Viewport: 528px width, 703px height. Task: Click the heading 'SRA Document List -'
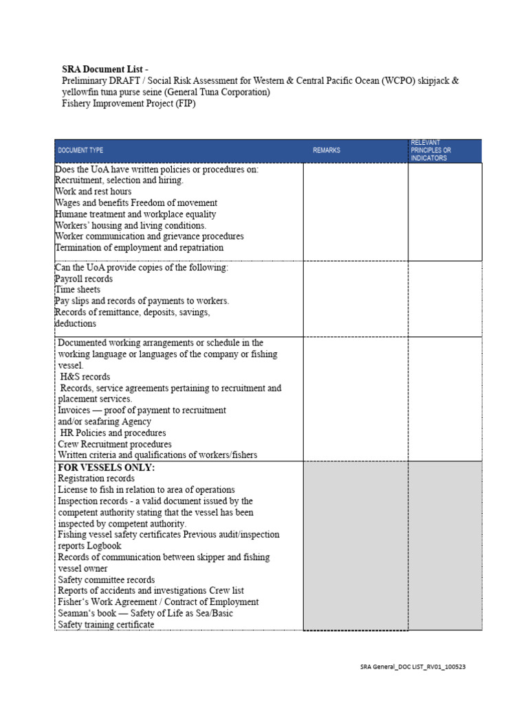tap(104, 69)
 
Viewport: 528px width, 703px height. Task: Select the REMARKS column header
tap(327, 150)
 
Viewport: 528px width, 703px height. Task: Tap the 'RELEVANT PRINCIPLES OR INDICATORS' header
tap(431, 150)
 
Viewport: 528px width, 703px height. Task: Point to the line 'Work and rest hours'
tap(93, 192)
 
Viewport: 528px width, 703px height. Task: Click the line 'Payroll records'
tap(83, 279)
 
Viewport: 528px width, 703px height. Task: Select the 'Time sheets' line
tap(77, 290)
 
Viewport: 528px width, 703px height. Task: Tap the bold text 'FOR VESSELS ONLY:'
tap(107, 468)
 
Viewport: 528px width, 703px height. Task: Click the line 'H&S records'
tap(85, 377)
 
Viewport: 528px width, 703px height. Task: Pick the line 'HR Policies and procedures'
tap(113, 433)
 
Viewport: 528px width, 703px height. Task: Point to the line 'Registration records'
tap(96, 479)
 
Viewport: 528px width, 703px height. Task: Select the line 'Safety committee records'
tap(107, 579)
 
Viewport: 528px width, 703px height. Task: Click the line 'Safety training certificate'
tap(106, 624)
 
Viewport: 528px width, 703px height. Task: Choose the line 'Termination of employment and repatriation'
tap(139, 247)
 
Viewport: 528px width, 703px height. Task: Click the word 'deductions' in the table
tap(76, 323)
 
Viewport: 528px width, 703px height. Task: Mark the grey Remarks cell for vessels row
tap(355, 545)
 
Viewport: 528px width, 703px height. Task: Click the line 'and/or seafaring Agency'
tap(104, 422)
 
